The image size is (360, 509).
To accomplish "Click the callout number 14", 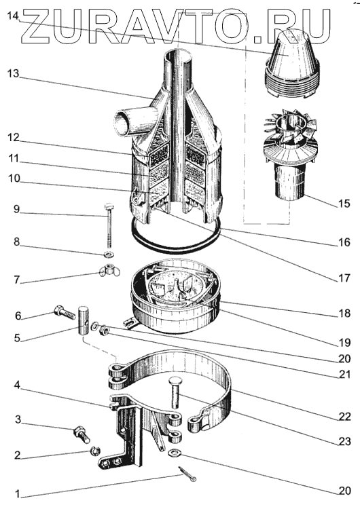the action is [14, 16].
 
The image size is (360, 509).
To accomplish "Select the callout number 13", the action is [14, 74].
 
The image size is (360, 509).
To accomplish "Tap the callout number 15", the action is [344, 204].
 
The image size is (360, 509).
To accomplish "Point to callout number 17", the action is [344, 278].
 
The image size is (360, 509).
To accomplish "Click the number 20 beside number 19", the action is [344, 358].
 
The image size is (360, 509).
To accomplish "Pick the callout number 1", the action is [18, 494].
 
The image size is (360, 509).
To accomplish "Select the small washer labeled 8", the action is [108, 253].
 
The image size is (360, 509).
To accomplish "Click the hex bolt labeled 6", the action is [65, 312].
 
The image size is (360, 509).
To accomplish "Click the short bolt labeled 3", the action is [82, 434].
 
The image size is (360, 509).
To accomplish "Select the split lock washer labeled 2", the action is [95, 451].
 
